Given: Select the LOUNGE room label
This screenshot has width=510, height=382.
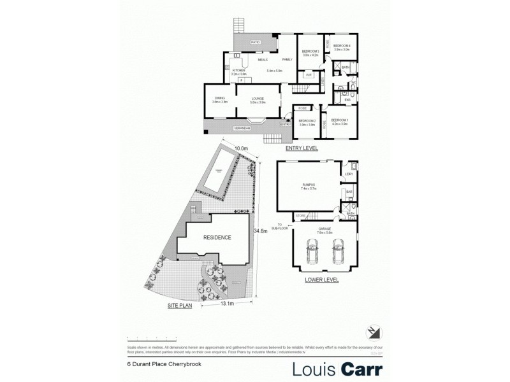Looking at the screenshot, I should click(258, 98).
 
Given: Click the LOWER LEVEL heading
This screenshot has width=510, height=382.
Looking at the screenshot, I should click(323, 279).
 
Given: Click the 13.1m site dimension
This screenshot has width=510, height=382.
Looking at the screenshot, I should click(227, 304).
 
